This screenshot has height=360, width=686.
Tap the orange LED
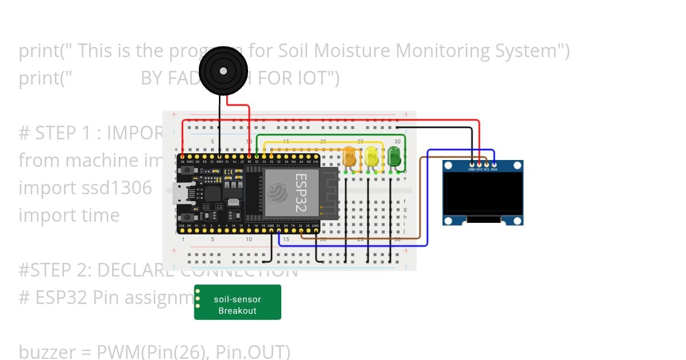tap(350, 157)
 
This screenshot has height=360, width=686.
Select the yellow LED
tap(372, 157)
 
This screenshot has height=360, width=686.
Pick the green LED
tap(394, 155)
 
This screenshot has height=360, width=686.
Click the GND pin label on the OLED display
tap(472, 170)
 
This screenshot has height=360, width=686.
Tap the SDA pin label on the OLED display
tap(494, 170)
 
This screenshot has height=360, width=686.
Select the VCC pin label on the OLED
tap(479, 170)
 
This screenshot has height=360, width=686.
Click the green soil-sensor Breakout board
tap(238, 302)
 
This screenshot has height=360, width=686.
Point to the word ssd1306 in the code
tap(116, 187)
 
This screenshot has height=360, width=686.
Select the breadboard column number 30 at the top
tap(397, 141)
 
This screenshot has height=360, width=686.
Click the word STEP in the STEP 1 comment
tap(56, 133)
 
